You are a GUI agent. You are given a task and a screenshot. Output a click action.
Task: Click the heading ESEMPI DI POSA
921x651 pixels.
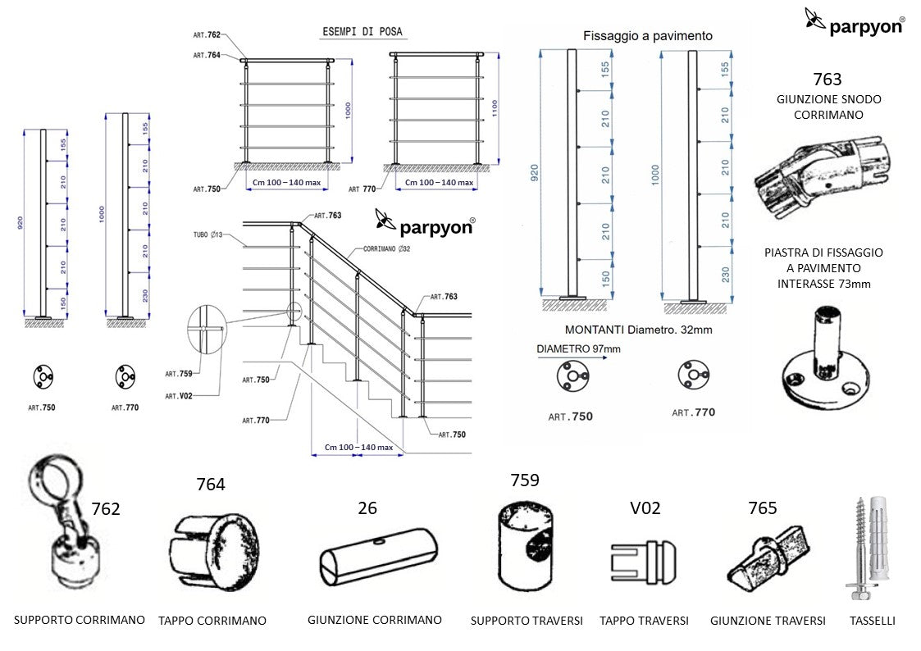point(361,33)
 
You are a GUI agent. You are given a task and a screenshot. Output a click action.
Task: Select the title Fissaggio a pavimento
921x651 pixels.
point(647,36)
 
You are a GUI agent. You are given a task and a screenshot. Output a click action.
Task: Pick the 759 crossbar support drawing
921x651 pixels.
point(526,546)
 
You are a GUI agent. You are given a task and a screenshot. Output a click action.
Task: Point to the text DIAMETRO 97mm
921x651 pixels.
point(578,348)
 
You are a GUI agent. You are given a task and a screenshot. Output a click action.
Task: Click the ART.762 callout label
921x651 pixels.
point(207,35)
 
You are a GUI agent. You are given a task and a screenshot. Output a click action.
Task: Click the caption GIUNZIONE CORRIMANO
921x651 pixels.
point(374,620)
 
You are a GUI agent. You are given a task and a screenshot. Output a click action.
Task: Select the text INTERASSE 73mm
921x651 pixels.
point(823,284)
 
